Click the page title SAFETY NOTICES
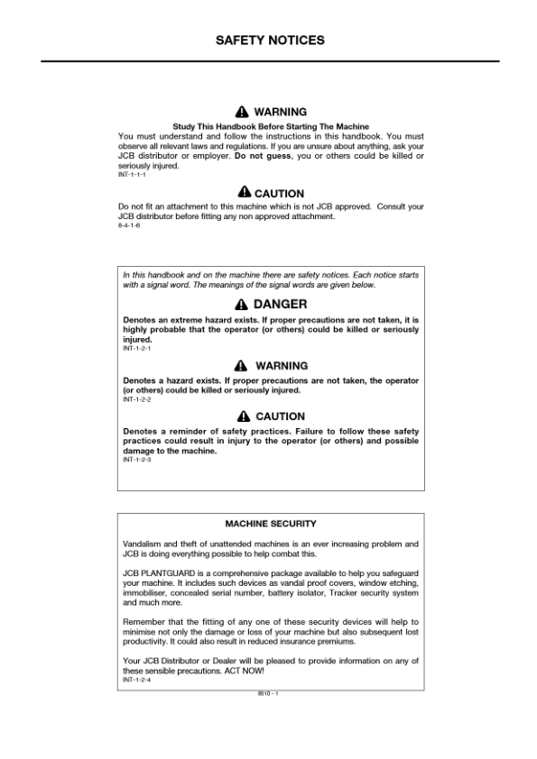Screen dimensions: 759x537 point(270,41)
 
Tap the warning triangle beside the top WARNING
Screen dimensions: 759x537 point(241,112)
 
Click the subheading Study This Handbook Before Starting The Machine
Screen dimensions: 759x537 point(271,125)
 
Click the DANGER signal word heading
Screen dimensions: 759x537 point(280,305)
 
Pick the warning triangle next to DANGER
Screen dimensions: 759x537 point(241,305)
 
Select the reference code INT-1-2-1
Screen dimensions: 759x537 point(136,349)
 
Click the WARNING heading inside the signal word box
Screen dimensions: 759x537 point(281,366)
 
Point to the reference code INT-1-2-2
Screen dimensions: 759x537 point(136,399)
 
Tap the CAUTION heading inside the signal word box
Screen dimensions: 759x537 point(280,416)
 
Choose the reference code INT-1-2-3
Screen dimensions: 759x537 point(136,460)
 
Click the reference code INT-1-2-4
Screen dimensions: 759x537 point(136,681)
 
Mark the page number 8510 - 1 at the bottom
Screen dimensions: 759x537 point(269,693)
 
